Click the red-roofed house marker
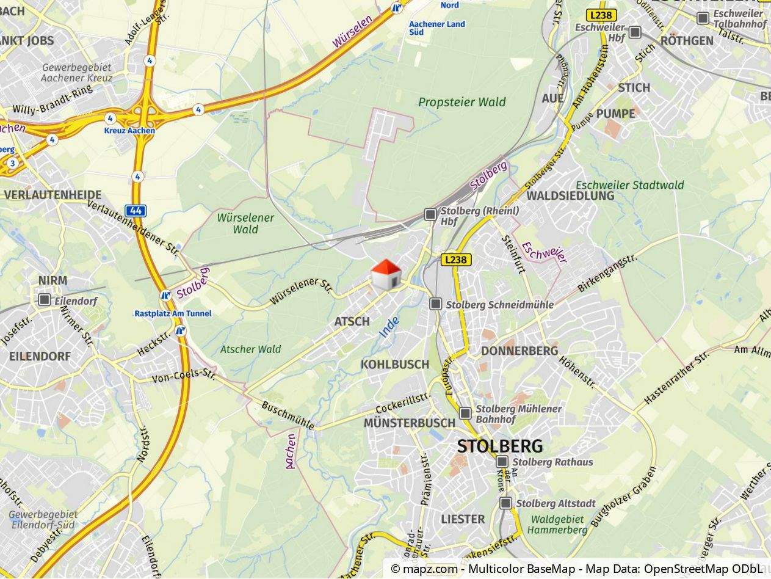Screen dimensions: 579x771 pos(386,275)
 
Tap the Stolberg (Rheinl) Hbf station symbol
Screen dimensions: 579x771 pos(430,214)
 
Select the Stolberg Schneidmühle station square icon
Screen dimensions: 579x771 pos(435,304)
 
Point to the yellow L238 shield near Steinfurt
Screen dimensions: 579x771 pos(456,260)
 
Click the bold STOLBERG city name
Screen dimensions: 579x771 pos(499,446)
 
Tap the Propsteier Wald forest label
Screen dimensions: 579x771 pos(462,102)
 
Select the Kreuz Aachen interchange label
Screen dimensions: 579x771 pos(129,131)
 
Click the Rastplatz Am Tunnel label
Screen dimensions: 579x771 pos(173,313)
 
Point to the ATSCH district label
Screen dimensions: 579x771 pos(352,321)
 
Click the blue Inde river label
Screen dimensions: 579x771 pos(389,327)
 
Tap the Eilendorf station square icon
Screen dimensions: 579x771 pos(44,300)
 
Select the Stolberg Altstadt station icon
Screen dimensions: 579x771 pos(505,503)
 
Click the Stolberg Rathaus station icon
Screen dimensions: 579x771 pos(502,462)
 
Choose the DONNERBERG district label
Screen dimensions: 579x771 pos(519,351)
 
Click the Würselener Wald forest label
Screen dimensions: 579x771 pos(245,224)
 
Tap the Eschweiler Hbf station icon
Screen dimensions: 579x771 pos(635,32)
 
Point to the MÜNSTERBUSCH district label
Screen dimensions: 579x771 pos(409,423)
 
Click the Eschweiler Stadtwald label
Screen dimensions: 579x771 pos(630,185)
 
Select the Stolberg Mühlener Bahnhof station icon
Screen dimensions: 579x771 pos(465,413)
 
